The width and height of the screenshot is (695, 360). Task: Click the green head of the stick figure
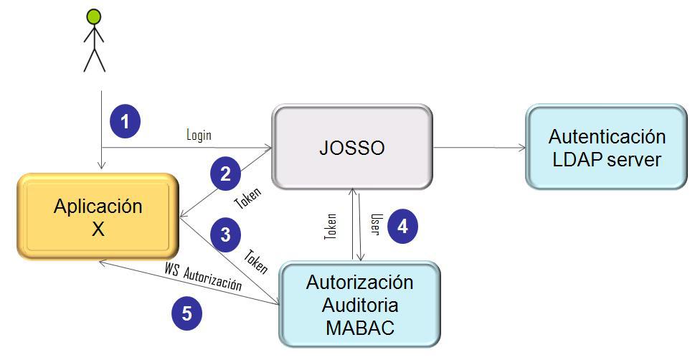(94, 15)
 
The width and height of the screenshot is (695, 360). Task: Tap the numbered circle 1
(125, 122)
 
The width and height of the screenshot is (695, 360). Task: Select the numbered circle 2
(225, 174)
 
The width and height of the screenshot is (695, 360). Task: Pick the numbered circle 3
(225, 235)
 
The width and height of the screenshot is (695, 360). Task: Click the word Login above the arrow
(199, 135)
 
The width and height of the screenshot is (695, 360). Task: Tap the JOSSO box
(351, 148)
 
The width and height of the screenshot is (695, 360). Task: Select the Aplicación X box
(98, 215)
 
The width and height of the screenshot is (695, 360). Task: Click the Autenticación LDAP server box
(607, 148)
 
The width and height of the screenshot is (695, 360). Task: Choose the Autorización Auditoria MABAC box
(359, 304)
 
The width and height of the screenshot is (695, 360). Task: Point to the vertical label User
(374, 224)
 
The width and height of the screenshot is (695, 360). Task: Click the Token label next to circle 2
(248, 199)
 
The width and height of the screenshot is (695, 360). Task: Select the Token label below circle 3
(255, 261)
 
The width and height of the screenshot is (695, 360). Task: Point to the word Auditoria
(360, 304)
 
